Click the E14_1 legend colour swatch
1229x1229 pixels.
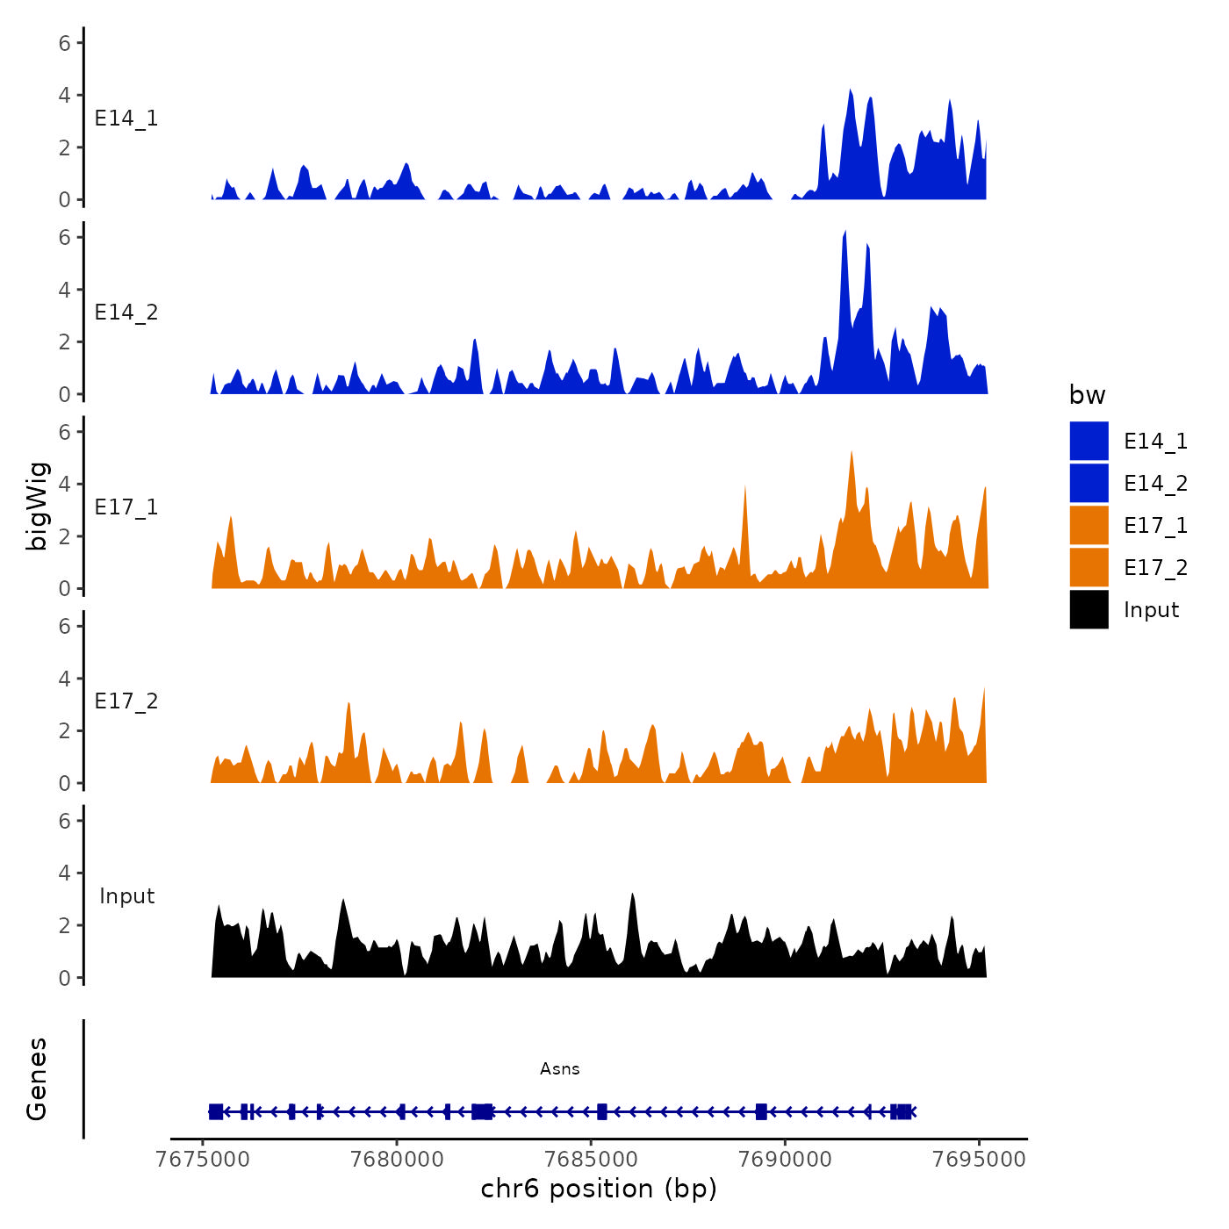pos(1089,441)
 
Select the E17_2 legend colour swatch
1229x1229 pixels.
pos(1089,567)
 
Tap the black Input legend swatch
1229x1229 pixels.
pos(1089,609)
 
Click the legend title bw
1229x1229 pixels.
pos(1087,395)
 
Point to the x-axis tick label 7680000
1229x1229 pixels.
pos(397,1159)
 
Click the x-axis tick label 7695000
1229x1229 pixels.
pos(980,1159)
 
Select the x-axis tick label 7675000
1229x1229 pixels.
pos(203,1159)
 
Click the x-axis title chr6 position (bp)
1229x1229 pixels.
pos(599,1189)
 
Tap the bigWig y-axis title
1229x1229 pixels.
pos(37,507)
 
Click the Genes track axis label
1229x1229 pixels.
pos(37,1079)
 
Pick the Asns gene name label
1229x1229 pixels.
pos(560,1068)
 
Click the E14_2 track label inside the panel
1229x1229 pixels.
pos(126,313)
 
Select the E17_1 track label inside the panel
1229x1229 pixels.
pos(126,507)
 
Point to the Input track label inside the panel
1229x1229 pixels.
pos(126,896)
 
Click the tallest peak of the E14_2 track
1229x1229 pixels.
pos(844,234)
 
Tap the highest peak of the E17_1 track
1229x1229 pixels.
pos(852,453)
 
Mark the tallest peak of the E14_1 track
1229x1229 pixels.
pos(850,91)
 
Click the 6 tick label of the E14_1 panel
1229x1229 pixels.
pos(65,42)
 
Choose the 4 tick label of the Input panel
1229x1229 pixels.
pos(65,873)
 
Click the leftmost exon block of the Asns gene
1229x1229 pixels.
pos(216,1111)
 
